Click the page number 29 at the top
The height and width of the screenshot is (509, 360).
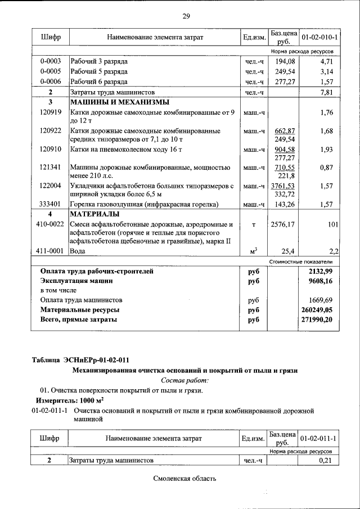(x=186, y=15)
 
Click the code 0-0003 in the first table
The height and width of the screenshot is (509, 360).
(x=50, y=61)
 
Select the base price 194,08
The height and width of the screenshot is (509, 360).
(x=283, y=61)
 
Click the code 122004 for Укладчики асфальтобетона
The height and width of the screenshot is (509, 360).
(x=50, y=185)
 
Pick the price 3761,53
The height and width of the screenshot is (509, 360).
(x=283, y=185)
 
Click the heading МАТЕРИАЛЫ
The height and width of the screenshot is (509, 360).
(x=94, y=214)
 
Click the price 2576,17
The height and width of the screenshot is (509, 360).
(x=283, y=225)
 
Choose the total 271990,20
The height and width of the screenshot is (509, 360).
(x=317, y=319)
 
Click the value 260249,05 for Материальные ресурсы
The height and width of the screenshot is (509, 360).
(x=317, y=309)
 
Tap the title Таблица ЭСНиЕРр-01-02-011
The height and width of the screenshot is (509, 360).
(x=83, y=359)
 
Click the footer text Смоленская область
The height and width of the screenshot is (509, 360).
(x=184, y=479)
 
